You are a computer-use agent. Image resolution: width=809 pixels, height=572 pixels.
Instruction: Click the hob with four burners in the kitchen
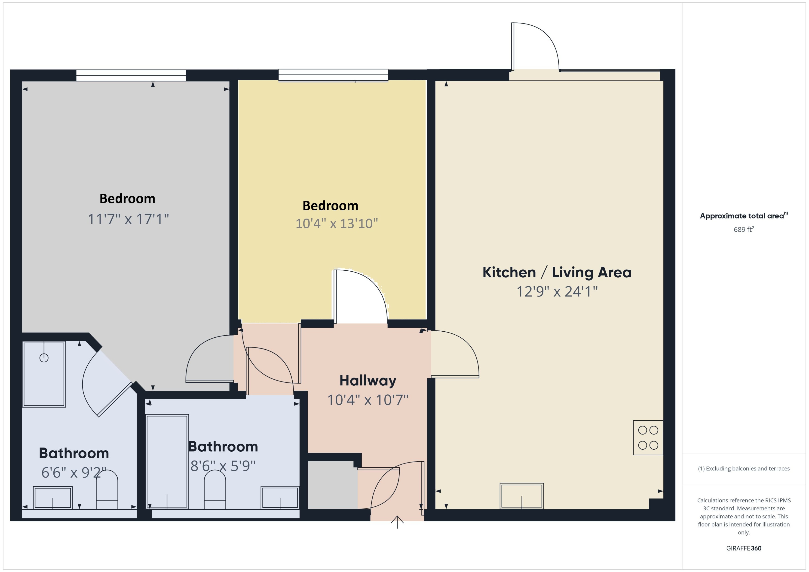(x=648, y=437)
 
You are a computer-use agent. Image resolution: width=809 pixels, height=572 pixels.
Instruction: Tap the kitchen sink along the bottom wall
(x=521, y=496)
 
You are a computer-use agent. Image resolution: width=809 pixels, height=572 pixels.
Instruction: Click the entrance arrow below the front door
(x=397, y=522)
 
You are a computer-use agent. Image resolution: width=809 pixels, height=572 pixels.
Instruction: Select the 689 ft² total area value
(x=744, y=230)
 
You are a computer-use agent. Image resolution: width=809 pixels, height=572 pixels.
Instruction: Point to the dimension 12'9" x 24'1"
(x=557, y=292)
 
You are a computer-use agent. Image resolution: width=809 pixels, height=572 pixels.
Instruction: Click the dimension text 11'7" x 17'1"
(x=128, y=219)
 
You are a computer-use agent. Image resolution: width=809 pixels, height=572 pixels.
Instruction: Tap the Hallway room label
(x=368, y=381)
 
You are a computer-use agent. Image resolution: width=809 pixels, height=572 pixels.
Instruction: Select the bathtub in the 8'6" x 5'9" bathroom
(x=167, y=461)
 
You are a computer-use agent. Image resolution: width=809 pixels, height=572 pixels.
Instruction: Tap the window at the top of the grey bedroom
(x=131, y=75)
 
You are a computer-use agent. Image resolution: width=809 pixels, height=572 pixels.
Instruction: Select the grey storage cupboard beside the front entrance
(x=332, y=485)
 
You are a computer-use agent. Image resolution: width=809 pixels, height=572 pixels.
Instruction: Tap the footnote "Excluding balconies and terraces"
(x=744, y=469)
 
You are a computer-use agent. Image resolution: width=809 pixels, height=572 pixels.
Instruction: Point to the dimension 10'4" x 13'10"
(x=337, y=223)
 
